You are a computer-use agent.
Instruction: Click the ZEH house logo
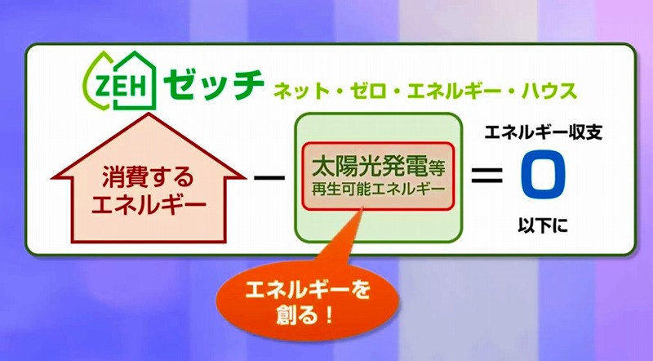click(120, 81)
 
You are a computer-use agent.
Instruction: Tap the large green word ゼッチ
click(214, 84)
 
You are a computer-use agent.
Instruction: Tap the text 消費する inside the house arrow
click(149, 176)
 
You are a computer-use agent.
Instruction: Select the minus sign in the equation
click(269, 177)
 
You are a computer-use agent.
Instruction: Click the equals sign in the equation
click(486, 175)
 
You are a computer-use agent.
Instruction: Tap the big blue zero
click(543, 175)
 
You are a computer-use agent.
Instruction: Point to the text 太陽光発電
click(370, 166)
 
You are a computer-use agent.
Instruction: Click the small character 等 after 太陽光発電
click(437, 169)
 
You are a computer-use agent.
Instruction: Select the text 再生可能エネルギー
click(378, 189)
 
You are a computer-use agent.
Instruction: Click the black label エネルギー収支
click(544, 133)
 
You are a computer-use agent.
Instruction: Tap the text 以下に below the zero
click(543, 225)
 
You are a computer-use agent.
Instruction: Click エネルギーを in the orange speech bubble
click(308, 290)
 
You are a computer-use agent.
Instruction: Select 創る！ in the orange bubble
click(305, 315)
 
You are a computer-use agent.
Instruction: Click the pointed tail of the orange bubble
click(362, 208)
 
